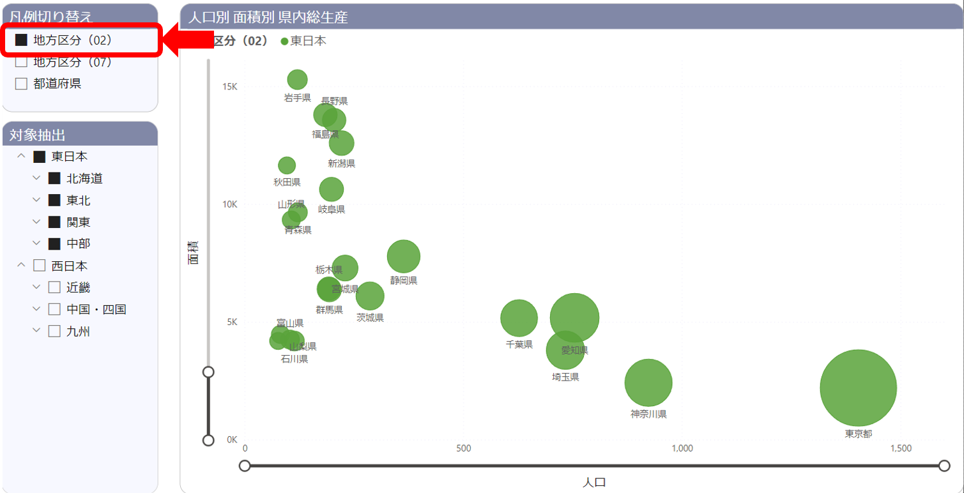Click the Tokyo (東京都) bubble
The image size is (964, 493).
858,388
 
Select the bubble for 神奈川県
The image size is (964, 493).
648,383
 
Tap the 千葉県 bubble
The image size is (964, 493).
519,318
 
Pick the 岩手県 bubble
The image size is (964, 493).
297,79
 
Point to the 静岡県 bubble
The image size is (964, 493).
403,257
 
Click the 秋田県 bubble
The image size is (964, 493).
287,165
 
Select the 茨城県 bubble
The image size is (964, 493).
370,296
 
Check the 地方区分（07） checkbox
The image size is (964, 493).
21,62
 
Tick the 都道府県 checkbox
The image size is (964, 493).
21,84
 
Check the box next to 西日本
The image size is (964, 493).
40,266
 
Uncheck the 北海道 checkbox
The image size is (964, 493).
54,179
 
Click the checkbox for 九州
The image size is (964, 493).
54,331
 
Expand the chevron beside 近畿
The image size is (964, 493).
36,287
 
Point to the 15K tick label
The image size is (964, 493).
229,86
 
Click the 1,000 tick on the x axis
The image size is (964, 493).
682,448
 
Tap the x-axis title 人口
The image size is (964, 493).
594,482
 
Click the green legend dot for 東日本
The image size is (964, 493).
284,42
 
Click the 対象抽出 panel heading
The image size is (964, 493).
38,135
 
